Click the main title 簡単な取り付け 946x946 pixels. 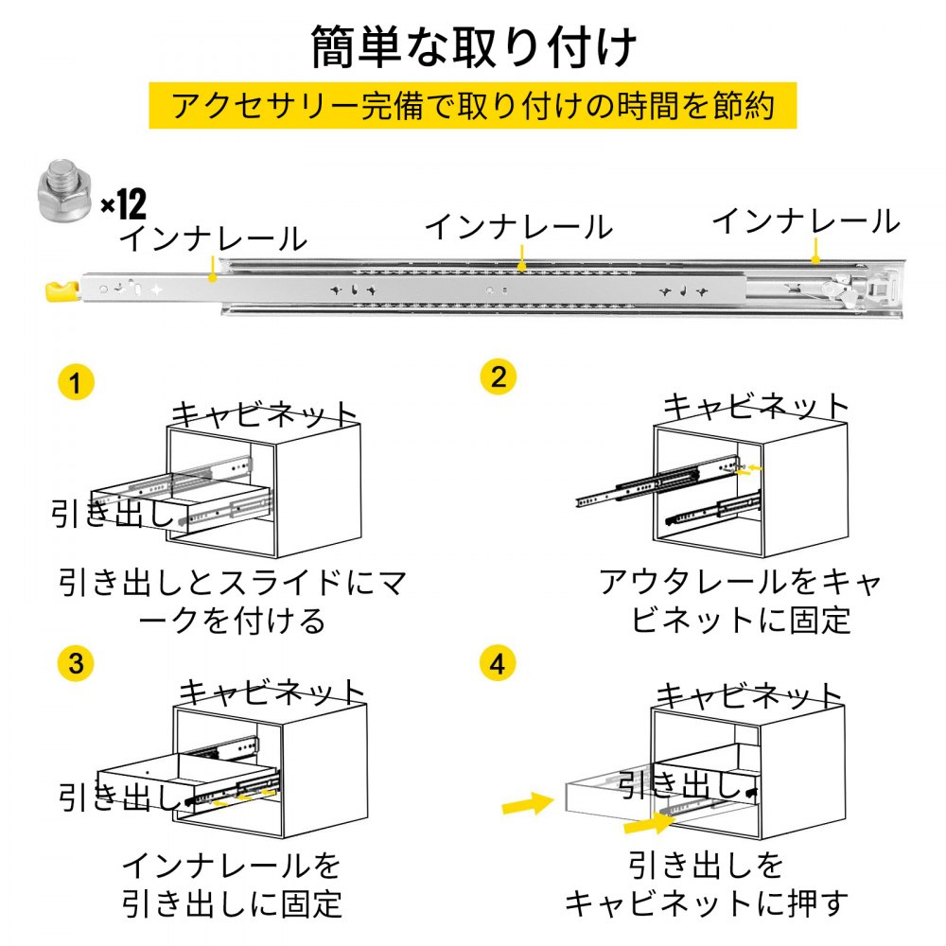(x=473, y=47)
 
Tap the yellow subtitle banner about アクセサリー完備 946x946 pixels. (x=472, y=105)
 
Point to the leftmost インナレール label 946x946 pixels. (x=213, y=238)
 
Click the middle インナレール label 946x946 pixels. (x=518, y=227)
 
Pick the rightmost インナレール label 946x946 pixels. (x=806, y=221)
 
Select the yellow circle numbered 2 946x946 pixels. (x=499, y=377)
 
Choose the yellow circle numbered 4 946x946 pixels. (x=499, y=663)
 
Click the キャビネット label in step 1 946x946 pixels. (x=265, y=414)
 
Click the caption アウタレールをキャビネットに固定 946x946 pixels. (x=741, y=601)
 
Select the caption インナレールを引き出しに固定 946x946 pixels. (x=232, y=884)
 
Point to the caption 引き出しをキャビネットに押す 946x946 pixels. (x=705, y=884)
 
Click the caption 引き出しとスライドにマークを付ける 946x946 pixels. (x=232, y=601)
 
